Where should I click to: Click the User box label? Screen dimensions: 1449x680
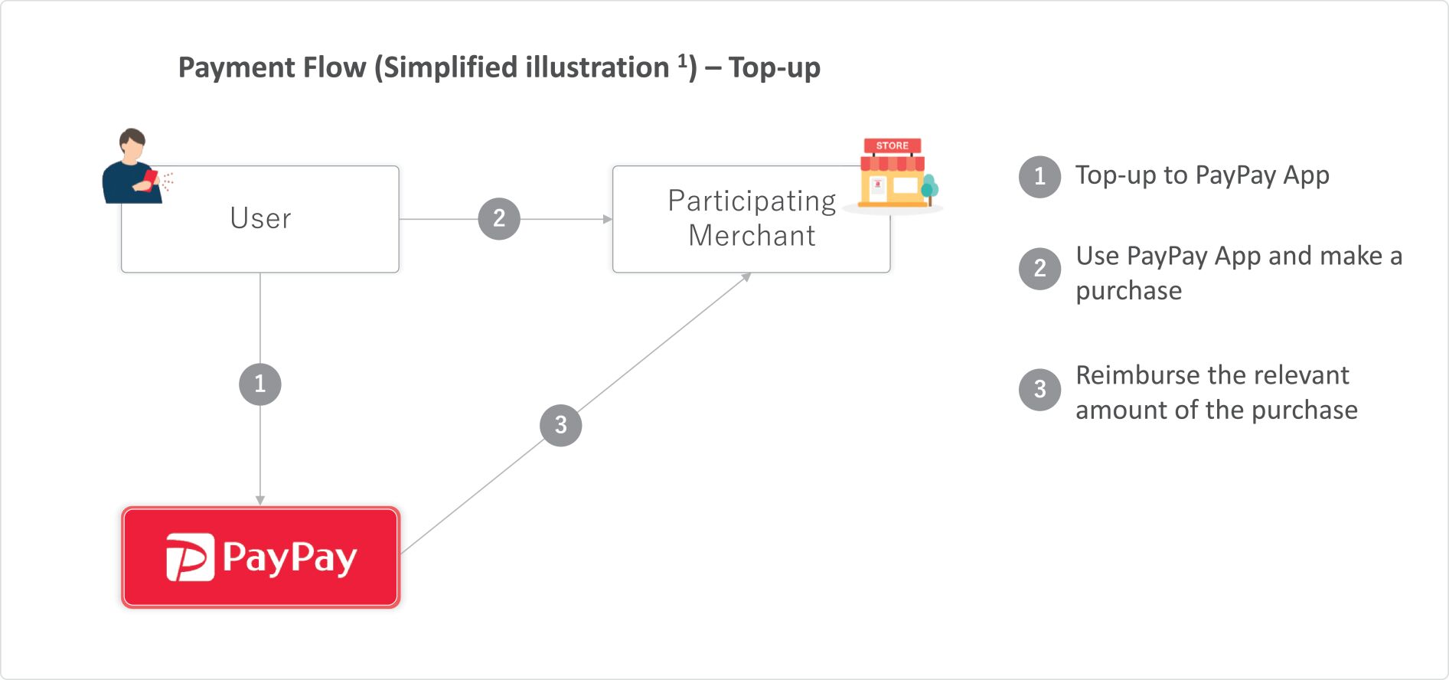260,218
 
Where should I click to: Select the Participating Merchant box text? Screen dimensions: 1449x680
752,218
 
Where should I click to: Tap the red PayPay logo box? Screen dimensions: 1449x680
261,557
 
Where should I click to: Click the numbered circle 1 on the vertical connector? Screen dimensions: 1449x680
260,384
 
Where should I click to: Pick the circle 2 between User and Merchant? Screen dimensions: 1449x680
499,219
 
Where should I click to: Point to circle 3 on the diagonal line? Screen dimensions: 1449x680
561,425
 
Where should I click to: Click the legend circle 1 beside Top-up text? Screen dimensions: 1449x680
1039,177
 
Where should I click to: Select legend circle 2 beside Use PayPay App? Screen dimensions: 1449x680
1039,268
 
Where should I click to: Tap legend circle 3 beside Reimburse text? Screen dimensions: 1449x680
1039,390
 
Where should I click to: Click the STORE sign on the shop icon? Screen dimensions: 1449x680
893,145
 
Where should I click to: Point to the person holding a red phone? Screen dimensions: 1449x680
135,166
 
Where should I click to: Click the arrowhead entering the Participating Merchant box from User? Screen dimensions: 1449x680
608,219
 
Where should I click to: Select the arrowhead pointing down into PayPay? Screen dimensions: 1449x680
260,501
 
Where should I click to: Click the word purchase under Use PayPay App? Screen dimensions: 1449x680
1129,292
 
